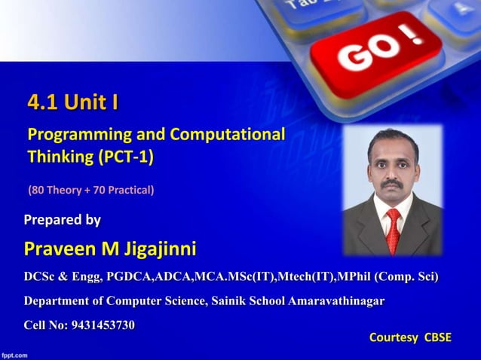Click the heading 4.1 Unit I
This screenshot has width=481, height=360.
tap(72, 101)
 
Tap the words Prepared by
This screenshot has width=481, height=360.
tap(62, 220)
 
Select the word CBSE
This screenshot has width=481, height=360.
tap(438, 337)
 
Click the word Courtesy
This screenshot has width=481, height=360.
tap(393, 337)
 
